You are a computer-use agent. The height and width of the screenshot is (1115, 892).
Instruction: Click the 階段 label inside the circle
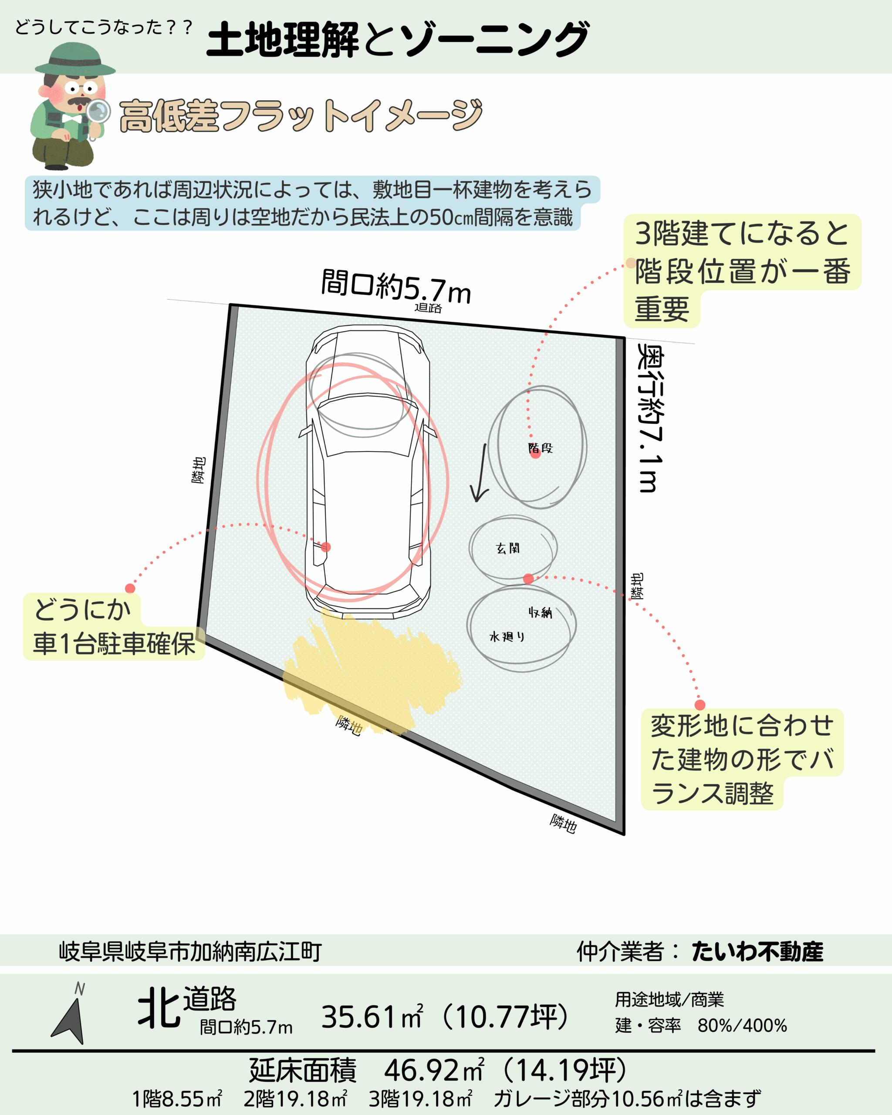[541, 448]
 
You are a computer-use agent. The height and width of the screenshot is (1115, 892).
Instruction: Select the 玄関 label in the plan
[508, 548]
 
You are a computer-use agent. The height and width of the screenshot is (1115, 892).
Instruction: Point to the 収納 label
[541, 613]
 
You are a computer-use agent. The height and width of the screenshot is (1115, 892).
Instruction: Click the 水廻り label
[507, 637]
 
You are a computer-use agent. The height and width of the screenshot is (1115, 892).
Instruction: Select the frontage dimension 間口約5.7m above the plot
[396, 287]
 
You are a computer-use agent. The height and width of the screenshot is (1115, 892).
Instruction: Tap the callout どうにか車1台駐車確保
[114, 626]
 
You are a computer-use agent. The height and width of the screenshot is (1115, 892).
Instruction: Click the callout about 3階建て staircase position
[743, 271]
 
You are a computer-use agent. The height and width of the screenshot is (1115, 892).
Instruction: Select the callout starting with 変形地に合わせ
[742, 759]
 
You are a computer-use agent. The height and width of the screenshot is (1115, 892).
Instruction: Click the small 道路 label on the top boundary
[428, 308]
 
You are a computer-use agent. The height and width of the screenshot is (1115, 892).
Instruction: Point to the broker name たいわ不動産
[757, 952]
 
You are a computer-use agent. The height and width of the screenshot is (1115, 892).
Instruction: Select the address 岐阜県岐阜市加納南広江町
[190, 952]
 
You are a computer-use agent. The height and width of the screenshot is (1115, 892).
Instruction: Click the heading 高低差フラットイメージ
[301, 115]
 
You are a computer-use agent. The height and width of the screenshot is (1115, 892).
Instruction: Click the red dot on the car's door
[325, 547]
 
